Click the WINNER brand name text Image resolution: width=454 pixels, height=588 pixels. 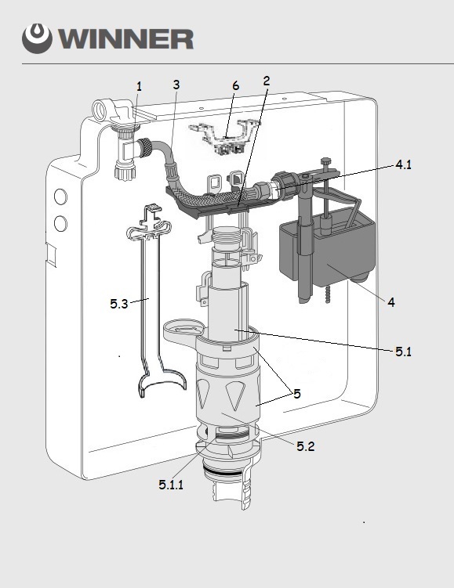[125, 38]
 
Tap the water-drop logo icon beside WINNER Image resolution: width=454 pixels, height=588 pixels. [37, 38]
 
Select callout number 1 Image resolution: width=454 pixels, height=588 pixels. [140, 87]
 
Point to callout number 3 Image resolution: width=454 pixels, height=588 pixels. [176, 85]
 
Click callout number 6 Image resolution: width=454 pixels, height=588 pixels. [235, 85]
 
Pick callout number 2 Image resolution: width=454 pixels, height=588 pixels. [267, 81]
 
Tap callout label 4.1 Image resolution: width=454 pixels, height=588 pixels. [404, 164]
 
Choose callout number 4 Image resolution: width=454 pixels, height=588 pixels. [391, 302]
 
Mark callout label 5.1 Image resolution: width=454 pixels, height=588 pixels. [403, 352]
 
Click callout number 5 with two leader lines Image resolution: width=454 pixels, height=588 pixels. [297, 394]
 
